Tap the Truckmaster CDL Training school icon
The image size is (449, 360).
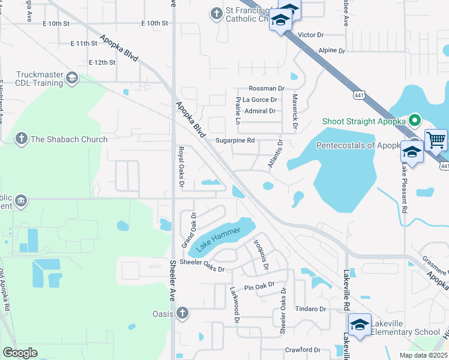72,77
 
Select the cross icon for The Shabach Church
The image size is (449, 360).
21,139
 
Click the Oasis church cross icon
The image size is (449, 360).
182,313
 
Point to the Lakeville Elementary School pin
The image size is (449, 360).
360,325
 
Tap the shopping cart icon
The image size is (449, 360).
436,140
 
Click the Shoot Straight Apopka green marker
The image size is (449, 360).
415,121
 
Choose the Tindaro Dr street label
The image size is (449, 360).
310,309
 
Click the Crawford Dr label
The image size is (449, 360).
303,350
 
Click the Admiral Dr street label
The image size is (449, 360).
260,111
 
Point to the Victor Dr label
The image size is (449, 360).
310,35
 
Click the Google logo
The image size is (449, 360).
20,352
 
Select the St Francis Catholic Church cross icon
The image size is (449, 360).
216,13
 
